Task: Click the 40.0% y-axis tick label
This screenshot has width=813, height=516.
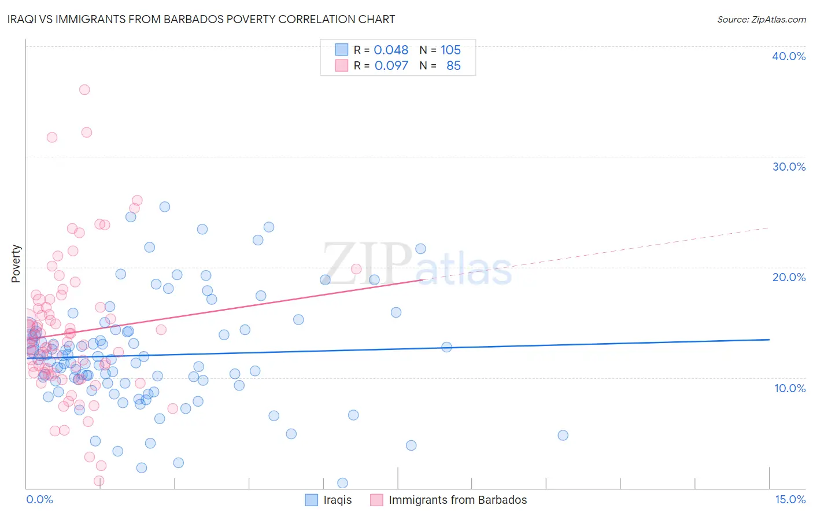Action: [788, 56]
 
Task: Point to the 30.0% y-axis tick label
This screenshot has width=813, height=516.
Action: [788, 167]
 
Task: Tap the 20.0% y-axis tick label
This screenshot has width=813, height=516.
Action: [788, 277]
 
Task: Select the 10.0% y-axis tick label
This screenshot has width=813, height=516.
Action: [789, 388]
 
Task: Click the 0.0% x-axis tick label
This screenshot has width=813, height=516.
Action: [39, 499]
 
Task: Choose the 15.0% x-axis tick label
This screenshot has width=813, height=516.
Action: [790, 499]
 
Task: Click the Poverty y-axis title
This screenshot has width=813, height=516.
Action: [16, 264]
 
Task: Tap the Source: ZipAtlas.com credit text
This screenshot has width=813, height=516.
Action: [761, 19]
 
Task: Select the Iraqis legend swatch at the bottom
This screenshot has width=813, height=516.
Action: [312, 500]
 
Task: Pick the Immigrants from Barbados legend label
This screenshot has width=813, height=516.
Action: [457, 500]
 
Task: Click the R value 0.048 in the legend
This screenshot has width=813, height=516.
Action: [391, 50]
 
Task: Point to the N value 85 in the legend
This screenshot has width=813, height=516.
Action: [453, 66]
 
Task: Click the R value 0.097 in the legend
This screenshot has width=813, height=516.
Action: [391, 66]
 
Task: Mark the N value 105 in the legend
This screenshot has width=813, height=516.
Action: [450, 50]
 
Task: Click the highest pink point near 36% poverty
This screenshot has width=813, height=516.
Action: [84, 90]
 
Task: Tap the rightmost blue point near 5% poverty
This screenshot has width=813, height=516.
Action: [563, 435]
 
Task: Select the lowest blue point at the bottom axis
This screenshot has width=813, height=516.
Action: [342, 483]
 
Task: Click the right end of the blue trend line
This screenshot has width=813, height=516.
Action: [769, 340]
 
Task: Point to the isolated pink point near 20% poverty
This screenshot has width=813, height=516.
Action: [356, 269]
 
